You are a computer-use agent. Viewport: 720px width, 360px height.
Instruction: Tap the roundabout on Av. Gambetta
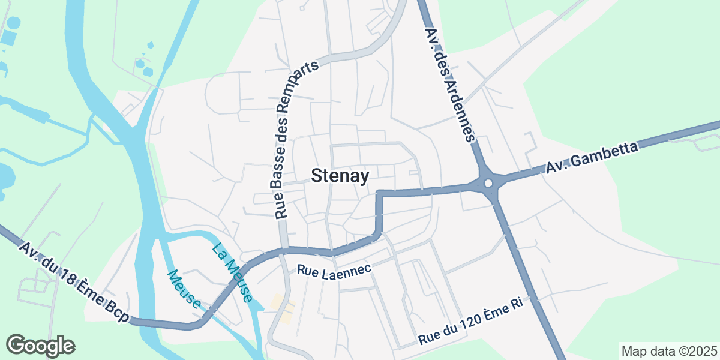(488, 183)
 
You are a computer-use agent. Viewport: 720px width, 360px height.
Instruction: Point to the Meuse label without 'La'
(184, 289)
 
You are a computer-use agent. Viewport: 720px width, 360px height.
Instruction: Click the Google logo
(40, 346)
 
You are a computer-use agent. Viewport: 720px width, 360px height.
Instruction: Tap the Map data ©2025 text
(668, 350)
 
